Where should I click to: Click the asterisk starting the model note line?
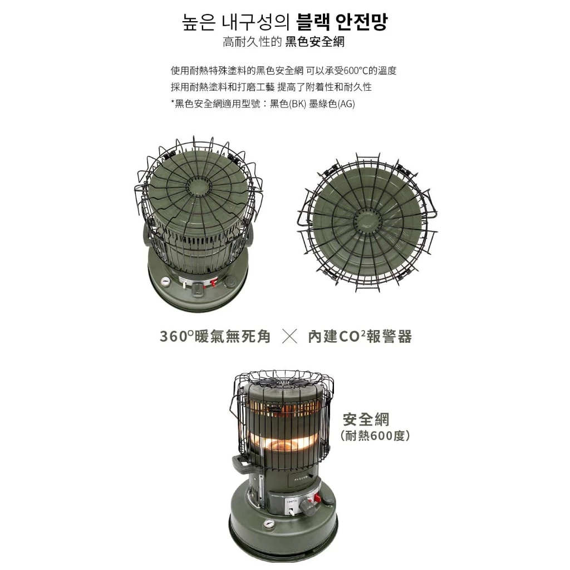coord(173,104)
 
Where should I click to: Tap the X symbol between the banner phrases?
coord(289,336)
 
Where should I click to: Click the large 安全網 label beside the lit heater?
coord(366,419)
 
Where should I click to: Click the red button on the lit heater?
coord(317,497)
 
